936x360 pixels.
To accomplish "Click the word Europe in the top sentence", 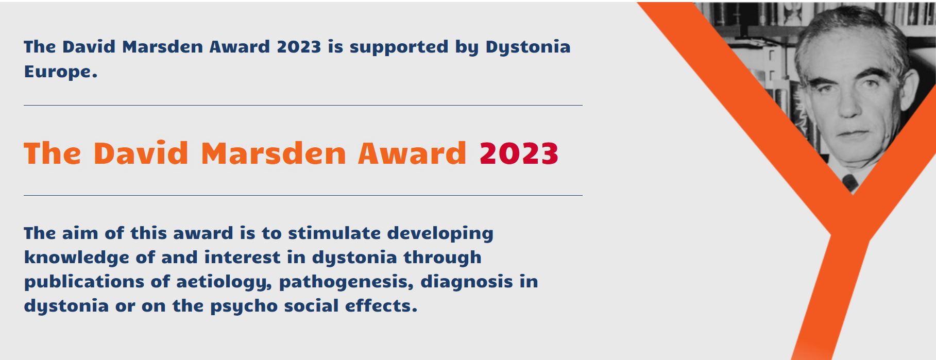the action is point(61,72).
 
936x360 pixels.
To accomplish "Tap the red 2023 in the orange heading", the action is point(519,153).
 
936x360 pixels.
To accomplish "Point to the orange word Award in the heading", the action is point(412,153).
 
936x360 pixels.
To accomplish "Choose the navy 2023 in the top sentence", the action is point(299,47).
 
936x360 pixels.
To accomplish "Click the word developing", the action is point(440,234).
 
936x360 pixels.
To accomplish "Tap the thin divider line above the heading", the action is point(303,105).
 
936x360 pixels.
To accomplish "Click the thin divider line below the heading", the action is point(303,195).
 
